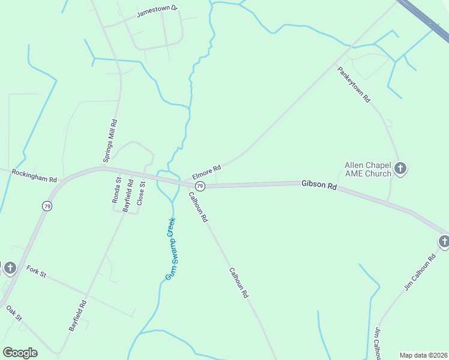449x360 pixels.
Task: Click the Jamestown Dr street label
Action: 158,11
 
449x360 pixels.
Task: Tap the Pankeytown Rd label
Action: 354,83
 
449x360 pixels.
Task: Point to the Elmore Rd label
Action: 206,172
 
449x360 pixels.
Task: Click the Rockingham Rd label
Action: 34,175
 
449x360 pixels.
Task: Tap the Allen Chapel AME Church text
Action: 367,169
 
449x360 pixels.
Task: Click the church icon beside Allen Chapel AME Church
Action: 401,169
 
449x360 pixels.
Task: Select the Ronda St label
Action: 116,190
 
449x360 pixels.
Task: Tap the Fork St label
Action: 36,271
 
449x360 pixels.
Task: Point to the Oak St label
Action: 14,313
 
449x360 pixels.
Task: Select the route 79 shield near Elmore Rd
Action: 200,186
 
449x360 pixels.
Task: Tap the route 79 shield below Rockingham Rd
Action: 47,206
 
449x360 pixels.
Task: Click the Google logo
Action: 20,352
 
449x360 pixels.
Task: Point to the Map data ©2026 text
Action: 423,355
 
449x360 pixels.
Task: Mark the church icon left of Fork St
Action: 10,268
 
